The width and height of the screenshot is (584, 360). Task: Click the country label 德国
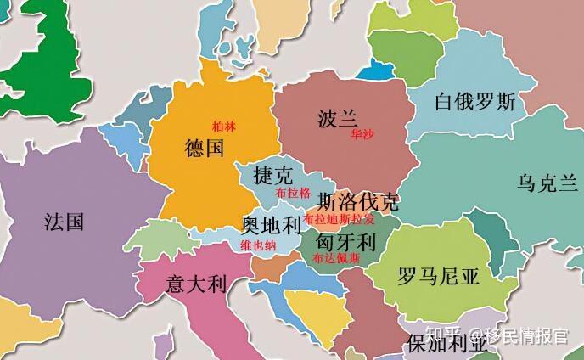pyautogui.click(x=204, y=149)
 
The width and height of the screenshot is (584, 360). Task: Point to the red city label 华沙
pyautogui.click(x=361, y=134)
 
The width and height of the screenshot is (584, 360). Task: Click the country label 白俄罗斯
pyautogui.click(x=474, y=103)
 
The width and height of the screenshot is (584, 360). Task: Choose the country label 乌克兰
pyautogui.click(x=547, y=182)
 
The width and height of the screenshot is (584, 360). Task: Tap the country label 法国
pyautogui.click(x=64, y=222)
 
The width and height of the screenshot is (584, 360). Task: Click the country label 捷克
pyautogui.click(x=272, y=176)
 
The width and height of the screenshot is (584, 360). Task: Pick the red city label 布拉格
pyautogui.click(x=293, y=193)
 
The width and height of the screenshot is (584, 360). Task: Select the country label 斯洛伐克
pyautogui.click(x=357, y=202)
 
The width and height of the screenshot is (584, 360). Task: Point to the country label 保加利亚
pyautogui.click(x=446, y=344)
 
